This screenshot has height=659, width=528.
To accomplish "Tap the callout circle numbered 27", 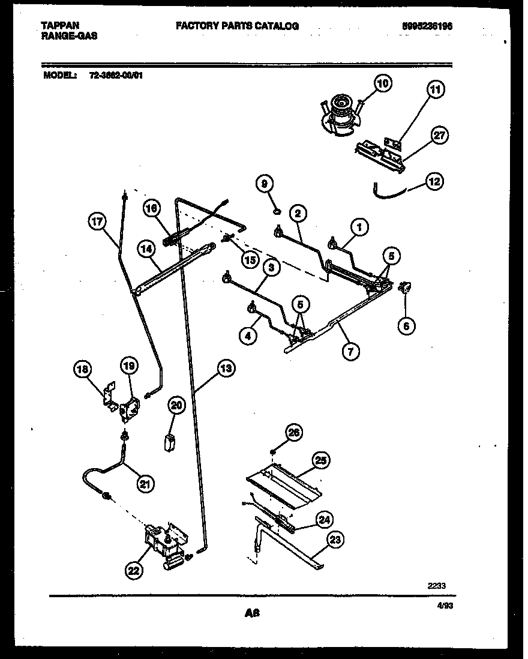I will [x=439, y=135].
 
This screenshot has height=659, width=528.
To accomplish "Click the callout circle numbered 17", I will [x=97, y=222].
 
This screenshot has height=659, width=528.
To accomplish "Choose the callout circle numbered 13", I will [x=225, y=369].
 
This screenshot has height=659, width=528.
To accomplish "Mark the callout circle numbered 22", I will [x=134, y=571].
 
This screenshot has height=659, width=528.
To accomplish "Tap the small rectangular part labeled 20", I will [x=170, y=442].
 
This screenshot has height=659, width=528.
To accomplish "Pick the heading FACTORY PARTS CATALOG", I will [x=237, y=26].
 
